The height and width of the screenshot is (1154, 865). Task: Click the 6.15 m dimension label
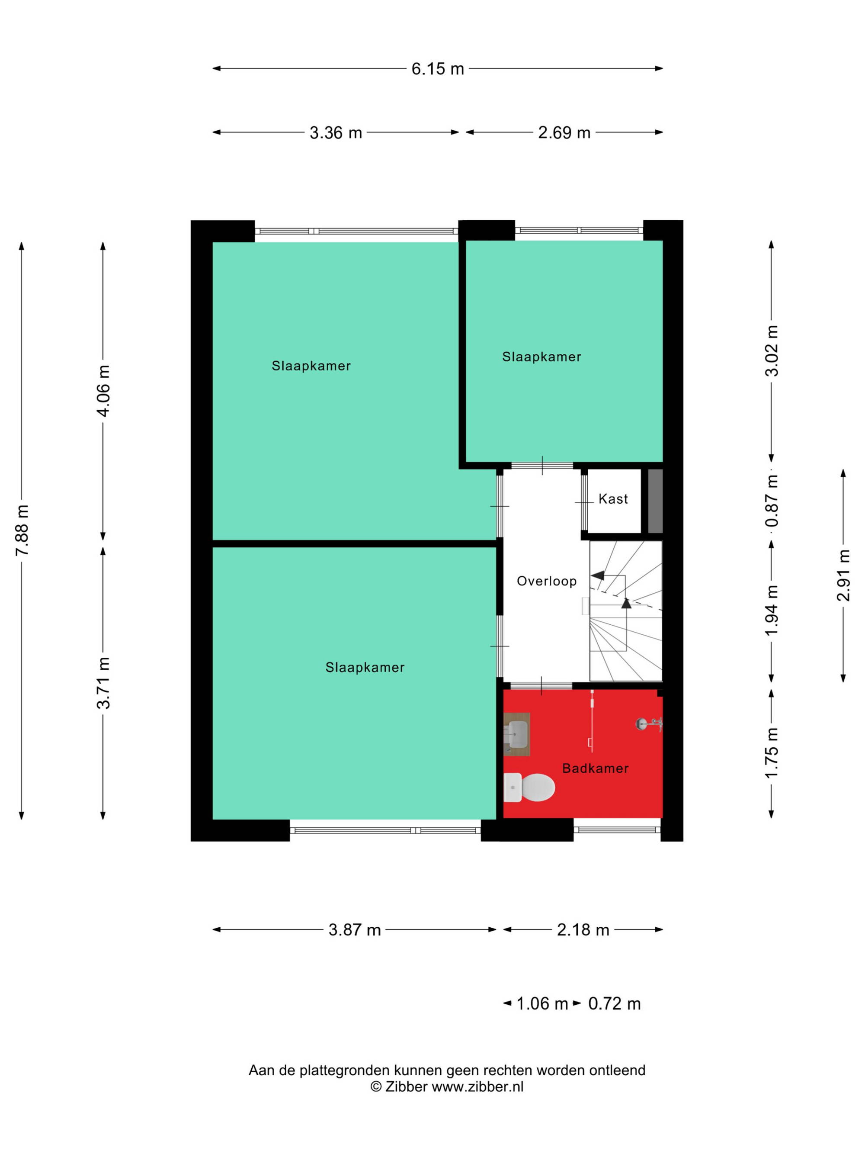point(437,68)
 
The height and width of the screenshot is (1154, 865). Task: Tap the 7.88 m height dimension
point(22,530)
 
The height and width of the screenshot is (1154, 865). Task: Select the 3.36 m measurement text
point(336,132)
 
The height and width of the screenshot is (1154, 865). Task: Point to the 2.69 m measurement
point(564,132)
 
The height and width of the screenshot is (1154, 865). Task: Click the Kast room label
point(613,499)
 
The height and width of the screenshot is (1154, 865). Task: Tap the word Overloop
point(546,581)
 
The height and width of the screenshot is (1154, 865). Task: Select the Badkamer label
point(596,768)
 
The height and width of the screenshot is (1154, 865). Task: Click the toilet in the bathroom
point(529,787)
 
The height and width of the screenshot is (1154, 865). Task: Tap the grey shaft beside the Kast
point(655,501)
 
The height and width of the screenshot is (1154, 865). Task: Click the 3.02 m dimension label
point(772,350)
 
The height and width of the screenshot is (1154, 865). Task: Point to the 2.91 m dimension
point(843,575)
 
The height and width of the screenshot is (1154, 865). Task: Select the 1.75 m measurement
point(772,753)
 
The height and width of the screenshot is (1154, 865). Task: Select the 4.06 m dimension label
point(103,391)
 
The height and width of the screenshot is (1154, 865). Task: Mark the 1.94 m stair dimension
point(772,611)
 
